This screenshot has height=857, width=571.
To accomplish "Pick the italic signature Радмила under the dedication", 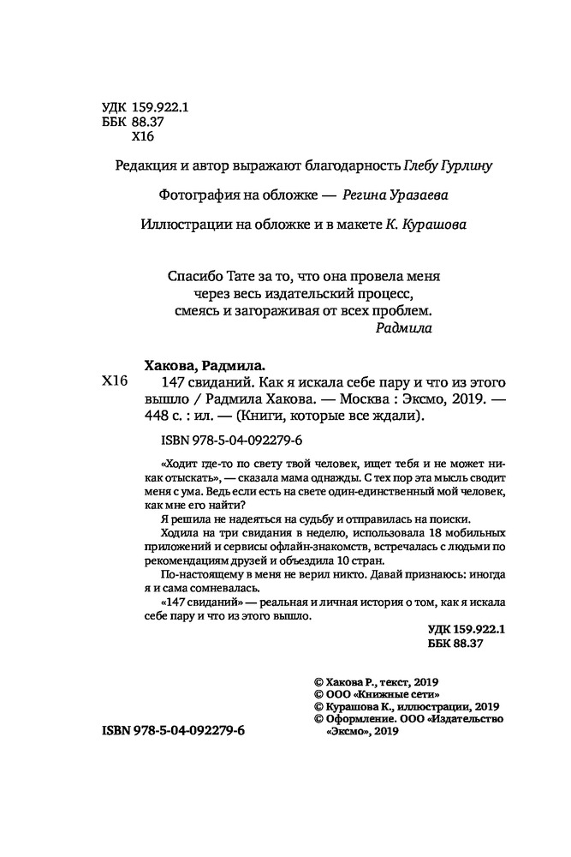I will pos(405,327).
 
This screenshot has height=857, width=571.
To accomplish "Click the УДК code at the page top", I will pos(138,108).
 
